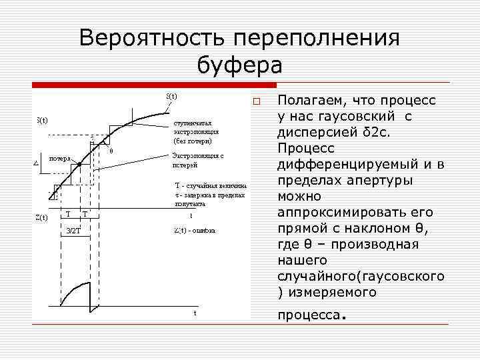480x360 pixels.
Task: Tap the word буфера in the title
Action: click(240, 65)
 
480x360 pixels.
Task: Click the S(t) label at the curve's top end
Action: click(171, 96)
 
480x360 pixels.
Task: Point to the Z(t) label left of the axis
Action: click(41, 217)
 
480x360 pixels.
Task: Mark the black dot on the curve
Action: click(79, 164)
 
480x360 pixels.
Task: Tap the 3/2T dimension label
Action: click(73, 230)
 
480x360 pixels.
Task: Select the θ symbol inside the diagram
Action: click(111, 151)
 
